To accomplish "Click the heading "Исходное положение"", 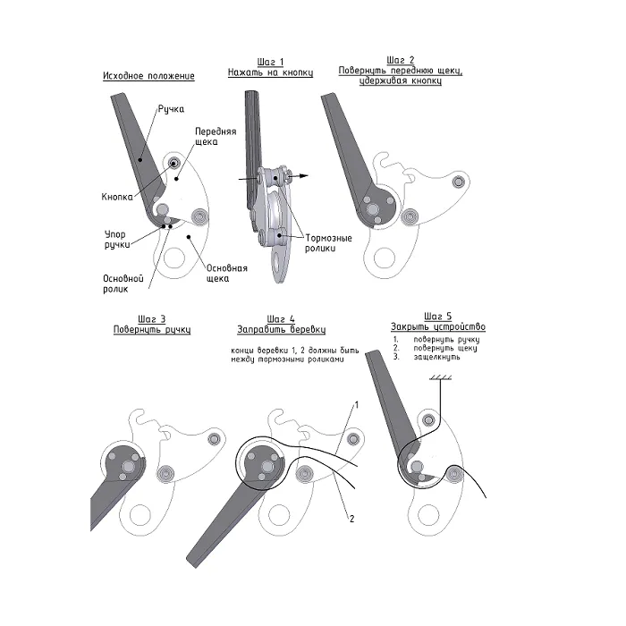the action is [148, 76].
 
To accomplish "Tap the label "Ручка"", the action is [171, 109].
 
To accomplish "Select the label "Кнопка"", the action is [117, 197].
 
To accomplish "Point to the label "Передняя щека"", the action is [216, 137].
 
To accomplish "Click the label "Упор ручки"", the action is [116, 239].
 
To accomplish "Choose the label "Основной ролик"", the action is [123, 283].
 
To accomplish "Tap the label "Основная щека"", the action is [227, 273].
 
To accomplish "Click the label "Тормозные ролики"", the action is [328, 242].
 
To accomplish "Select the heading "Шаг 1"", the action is [270, 63].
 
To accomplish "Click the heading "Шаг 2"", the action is [401, 60].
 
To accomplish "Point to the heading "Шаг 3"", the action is [152, 319].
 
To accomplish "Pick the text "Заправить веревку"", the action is [282, 330].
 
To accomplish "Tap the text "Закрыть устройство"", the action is [438, 327].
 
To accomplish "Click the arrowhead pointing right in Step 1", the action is [304, 175].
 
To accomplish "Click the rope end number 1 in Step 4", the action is [357, 405].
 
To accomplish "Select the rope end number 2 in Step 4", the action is [351, 519].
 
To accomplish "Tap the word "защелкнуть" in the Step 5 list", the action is [436, 357].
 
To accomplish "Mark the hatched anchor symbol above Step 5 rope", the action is [440, 377].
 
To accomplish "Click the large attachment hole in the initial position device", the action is [174, 258].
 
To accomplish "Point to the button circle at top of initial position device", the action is [173, 163].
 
